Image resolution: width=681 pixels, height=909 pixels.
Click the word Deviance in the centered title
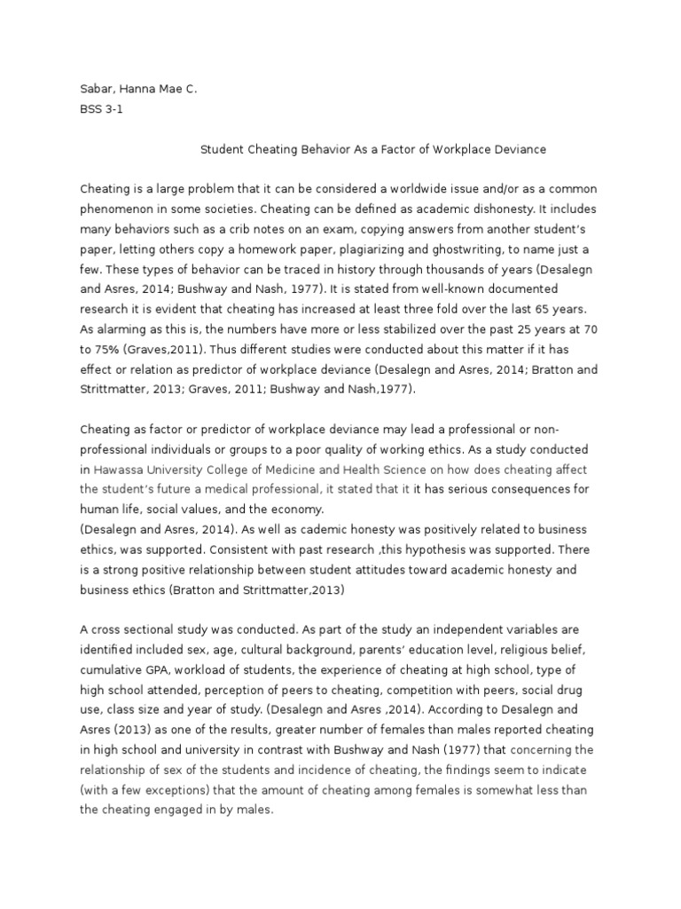click(521, 149)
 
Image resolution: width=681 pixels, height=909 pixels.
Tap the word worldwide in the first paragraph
click(424, 190)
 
